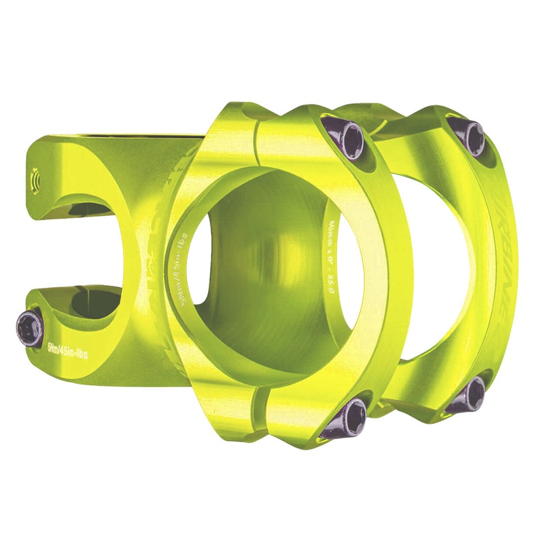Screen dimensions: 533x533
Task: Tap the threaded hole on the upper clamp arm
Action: [34, 180]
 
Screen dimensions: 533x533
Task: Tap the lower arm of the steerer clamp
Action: [93, 333]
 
